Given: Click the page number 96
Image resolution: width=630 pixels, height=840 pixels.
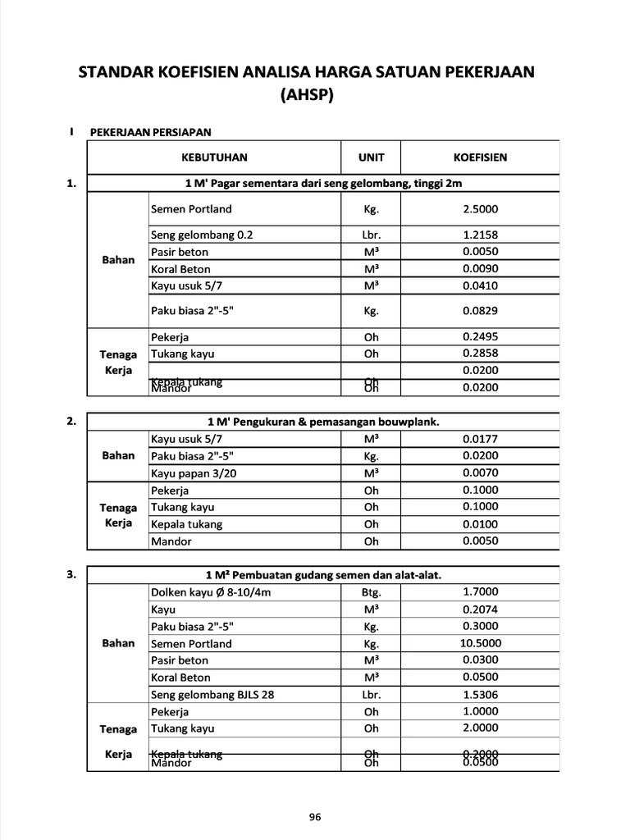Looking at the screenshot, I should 315,816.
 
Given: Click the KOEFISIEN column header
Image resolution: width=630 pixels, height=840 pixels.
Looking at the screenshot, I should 480,157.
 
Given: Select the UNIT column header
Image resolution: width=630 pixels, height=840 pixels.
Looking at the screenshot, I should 371,157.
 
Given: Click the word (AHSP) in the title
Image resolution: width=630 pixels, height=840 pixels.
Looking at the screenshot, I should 306,94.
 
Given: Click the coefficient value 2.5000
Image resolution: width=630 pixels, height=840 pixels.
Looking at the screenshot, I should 480,209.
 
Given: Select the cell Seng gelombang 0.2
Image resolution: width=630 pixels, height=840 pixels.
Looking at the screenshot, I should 202,235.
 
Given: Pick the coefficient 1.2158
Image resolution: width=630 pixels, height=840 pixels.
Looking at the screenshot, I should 480,235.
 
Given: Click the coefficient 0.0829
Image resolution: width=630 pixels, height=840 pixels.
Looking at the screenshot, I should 480,311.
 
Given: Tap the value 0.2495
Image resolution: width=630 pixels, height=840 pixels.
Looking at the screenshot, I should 480,336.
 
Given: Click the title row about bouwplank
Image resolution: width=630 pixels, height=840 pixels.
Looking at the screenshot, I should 323,422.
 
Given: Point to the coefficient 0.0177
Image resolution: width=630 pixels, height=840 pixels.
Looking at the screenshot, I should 480,439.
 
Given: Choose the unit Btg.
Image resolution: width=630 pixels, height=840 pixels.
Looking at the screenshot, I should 371,592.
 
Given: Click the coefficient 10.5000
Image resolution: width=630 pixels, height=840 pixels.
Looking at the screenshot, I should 480,644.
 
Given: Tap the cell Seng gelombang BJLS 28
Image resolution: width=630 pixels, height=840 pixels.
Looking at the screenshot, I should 212,695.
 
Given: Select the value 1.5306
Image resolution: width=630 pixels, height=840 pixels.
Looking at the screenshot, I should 480,695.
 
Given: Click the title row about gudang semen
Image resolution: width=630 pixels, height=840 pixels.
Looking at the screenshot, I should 323,575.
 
